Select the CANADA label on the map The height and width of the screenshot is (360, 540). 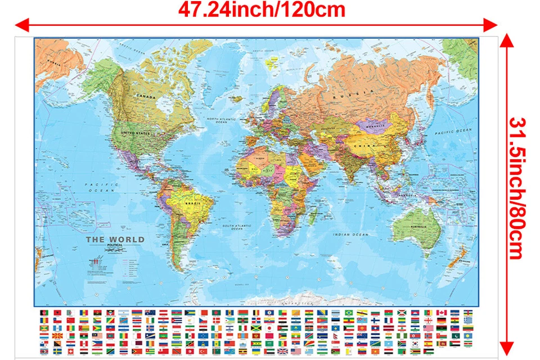tap(146, 96)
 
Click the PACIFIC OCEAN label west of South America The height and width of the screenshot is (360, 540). tap(96, 187)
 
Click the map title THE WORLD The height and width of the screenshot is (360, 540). tap(115, 239)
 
